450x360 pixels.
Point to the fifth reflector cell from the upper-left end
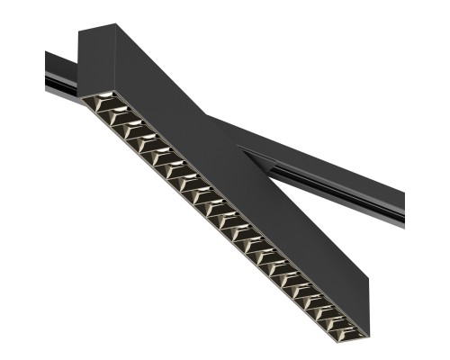point(158,157)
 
